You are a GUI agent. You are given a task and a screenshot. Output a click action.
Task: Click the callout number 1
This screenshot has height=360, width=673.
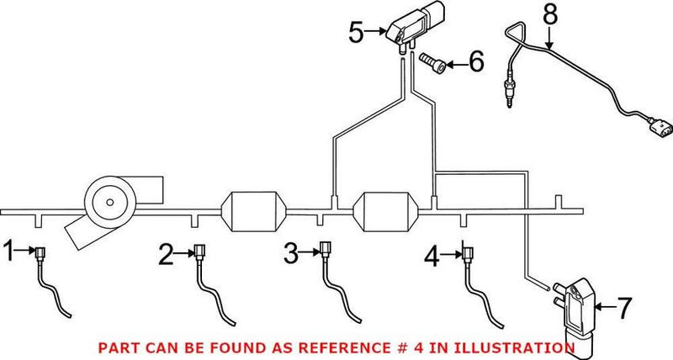pos(9,250)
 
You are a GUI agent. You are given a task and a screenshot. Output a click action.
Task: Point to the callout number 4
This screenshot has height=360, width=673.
pos(432,256)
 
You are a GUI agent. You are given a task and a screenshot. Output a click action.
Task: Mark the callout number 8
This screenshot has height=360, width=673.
pos(550,15)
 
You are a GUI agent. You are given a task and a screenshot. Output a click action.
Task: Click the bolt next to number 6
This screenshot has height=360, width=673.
pos(432,62)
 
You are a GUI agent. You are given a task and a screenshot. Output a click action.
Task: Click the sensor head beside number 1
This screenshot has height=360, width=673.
pos(38,251)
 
